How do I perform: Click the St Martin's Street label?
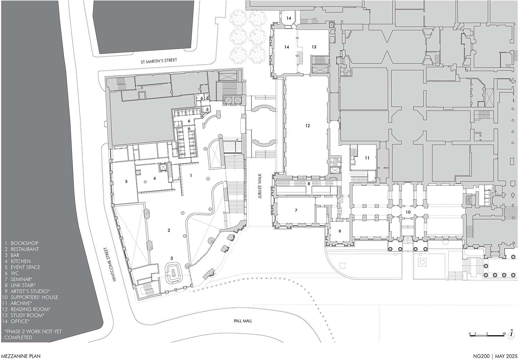[159, 61]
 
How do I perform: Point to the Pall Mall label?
[243, 321]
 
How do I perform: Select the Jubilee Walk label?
[260, 186]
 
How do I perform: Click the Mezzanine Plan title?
[21, 356]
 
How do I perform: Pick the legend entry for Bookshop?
[22, 243]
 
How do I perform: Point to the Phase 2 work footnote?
[33, 334]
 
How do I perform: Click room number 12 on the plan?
[307, 126]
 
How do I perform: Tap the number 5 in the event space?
[126, 181]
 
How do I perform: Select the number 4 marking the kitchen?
[155, 178]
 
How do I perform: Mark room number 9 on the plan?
[340, 231]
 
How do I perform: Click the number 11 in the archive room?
[367, 158]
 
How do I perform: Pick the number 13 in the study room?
[314, 47]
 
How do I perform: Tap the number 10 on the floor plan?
[408, 212]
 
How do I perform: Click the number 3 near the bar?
[172, 258]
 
